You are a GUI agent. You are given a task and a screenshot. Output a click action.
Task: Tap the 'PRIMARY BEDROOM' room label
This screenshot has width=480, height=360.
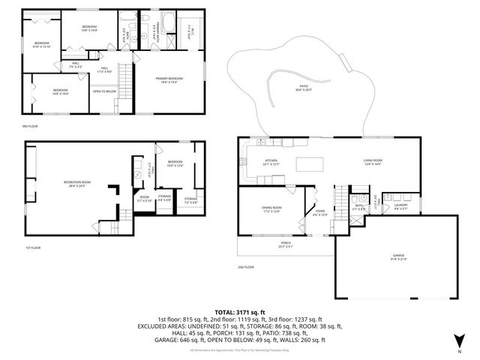pyautogui.click(x=170, y=79)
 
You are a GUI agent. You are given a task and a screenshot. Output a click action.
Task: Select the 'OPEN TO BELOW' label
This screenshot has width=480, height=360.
pyautogui.click(x=104, y=91)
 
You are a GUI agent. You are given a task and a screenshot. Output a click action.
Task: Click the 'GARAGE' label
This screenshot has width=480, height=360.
pyautogui.click(x=397, y=256)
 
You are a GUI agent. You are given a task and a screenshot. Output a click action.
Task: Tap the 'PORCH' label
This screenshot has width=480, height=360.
pyautogui.click(x=266, y=244)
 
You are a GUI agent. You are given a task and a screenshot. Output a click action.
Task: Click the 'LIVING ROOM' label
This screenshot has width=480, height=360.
pyautogui.click(x=373, y=160)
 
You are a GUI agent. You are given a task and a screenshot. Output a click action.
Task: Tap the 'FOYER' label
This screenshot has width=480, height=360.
pyautogui.click(x=320, y=213)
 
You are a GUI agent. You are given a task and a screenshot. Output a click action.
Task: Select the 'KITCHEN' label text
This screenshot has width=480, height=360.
pyautogui.click(x=271, y=161)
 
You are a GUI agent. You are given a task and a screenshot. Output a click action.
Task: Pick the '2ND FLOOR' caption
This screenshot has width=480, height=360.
pyautogui.click(x=246, y=267)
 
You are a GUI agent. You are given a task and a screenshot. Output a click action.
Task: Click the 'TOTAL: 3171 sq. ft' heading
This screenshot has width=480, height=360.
pyautogui.click(x=239, y=312)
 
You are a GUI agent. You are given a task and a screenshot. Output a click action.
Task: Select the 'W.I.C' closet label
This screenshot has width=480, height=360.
pyautogui.click(x=190, y=30)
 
